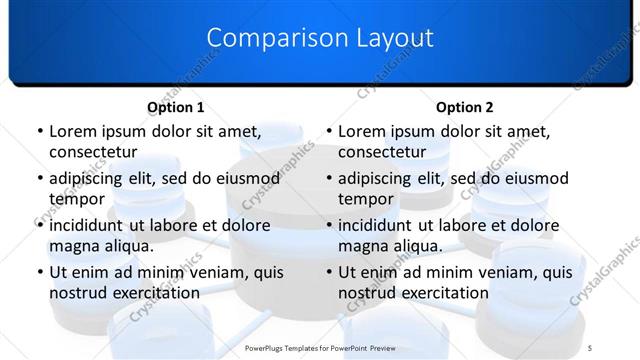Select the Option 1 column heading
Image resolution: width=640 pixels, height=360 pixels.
pyautogui.click(x=176, y=107)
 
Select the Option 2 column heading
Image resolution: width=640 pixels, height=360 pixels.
pyautogui.click(x=465, y=107)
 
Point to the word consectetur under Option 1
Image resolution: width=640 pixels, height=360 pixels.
pyautogui.click(x=93, y=152)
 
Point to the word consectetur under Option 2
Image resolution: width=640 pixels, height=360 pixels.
pyautogui.click(x=382, y=152)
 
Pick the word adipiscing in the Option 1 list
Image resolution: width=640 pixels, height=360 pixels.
pyautogui.click(x=92, y=178)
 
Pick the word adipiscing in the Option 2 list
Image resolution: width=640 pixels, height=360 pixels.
pyautogui.click(x=381, y=178)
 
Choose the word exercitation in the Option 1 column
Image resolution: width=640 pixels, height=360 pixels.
pyautogui.click(x=155, y=293)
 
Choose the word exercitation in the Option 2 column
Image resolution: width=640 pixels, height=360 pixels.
pyautogui.click(x=444, y=293)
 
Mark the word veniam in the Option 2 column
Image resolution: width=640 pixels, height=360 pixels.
pyautogui.click(x=484, y=271)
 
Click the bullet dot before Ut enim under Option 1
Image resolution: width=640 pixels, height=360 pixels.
pyautogui.click(x=39, y=272)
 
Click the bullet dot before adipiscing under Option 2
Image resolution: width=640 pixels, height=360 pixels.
pyautogui.click(x=328, y=178)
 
